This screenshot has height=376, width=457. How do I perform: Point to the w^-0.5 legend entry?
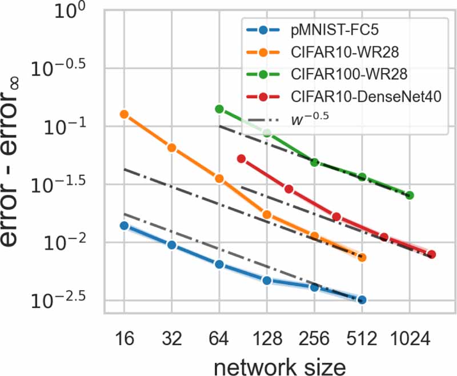coord(313,118)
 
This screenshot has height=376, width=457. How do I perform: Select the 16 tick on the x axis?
coord(124,338)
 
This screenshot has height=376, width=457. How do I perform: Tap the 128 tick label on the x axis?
coord(266,338)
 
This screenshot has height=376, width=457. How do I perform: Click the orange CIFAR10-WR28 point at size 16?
coord(124,114)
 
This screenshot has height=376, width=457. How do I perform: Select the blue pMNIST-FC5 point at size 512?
coord(362,299)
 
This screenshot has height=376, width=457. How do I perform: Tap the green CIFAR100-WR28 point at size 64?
coord(219,109)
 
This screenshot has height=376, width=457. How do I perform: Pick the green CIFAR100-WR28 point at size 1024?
coord(409,195)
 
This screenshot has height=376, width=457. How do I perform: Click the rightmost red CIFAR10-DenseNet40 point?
coord(432,254)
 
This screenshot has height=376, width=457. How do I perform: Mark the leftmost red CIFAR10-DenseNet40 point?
coord(241,159)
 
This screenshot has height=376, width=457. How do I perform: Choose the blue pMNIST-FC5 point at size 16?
coord(124,226)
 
